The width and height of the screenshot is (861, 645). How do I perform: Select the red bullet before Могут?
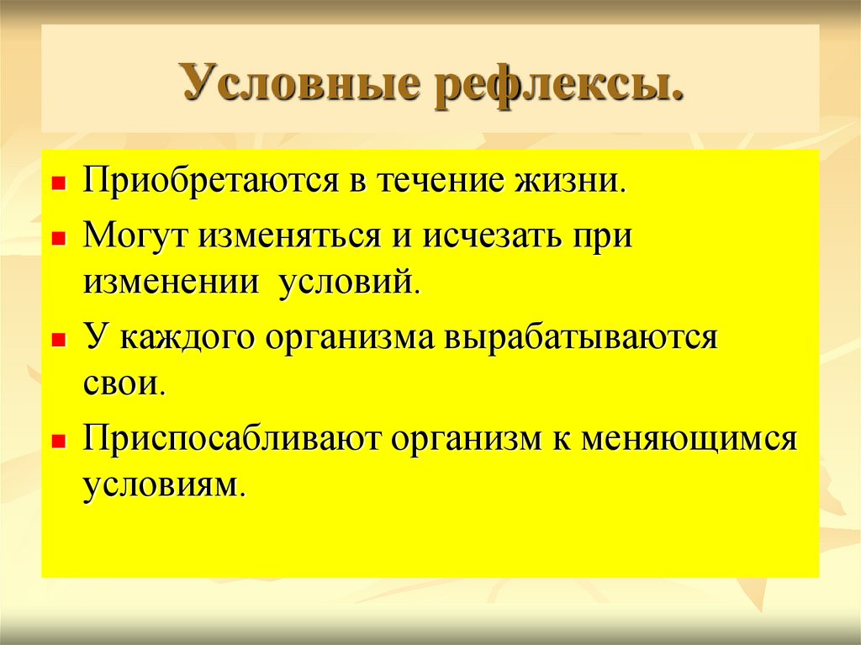click(x=58, y=239)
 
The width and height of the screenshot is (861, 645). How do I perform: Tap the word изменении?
click(x=171, y=282)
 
